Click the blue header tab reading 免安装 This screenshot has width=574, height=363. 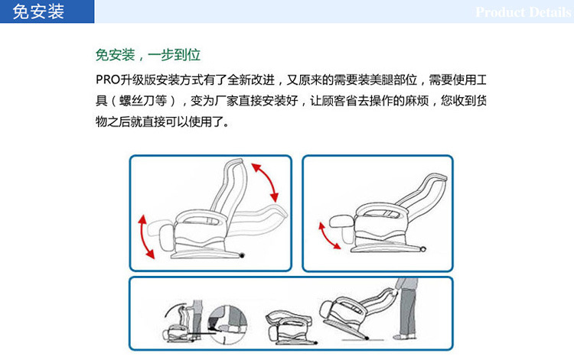pyautogui.click(x=47, y=11)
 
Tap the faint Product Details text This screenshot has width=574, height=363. pyautogui.click(x=523, y=12)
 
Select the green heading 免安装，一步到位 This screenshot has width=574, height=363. pyautogui.click(x=148, y=55)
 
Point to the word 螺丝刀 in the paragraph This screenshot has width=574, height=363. pyautogui.click(x=143, y=101)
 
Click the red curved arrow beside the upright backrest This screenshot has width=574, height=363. pyautogui.click(x=266, y=182)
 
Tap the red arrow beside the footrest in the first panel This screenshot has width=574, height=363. pyautogui.click(x=145, y=237)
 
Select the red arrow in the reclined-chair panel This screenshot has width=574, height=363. pyautogui.click(x=328, y=236)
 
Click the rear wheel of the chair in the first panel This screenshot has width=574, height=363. pyautogui.click(x=242, y=255)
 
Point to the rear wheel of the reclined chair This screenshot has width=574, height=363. pyautogui.click(x=422, y=249)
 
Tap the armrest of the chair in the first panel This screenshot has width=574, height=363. pyautogui.click(x=201, y=217)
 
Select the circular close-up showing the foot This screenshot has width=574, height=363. pyautogui.click(x=227, y=325)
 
